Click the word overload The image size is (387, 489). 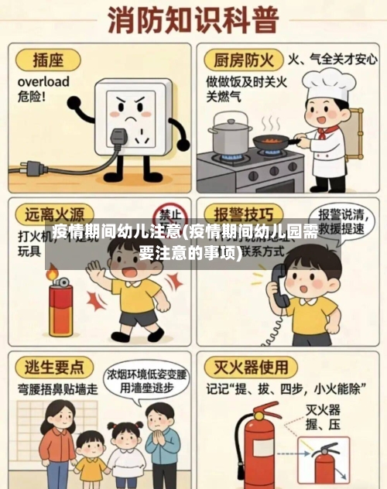point(43,81)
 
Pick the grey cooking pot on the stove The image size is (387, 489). point(230,135)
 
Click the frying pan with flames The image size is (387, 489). point(271,141)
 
